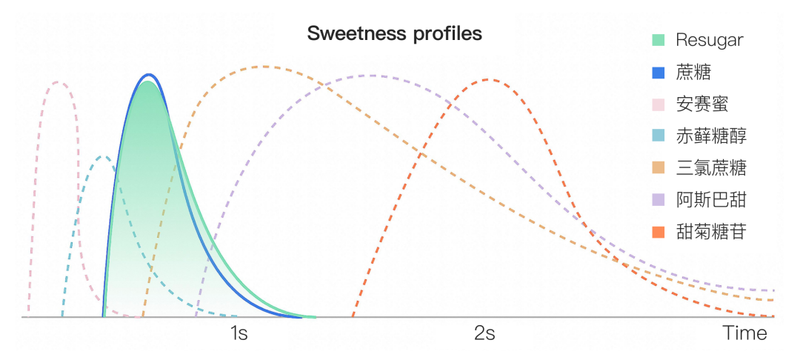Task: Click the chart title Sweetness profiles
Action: coord(394,34)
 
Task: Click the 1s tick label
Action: coord(239,333)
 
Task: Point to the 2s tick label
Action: coord(484,333)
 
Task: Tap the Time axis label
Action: coord(745,333)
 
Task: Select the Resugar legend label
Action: coord(709,40)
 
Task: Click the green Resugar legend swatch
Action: coord(659,40)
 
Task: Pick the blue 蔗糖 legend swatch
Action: coord(659,72)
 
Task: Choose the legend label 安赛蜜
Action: coord(701,104)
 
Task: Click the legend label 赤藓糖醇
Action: coord(710,136)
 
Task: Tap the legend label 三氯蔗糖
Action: coord(710,168)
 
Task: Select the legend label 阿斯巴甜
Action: coord(710,200)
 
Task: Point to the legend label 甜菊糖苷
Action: coord(710,232)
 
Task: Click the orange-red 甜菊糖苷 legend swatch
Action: coord(659,232)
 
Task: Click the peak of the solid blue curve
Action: coord(149,75)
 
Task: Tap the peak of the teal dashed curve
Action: coord(104,156)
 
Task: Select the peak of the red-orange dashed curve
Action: coord(486,79)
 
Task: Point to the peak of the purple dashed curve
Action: coord(370,75)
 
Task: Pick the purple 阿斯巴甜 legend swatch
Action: coord(659,200)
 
